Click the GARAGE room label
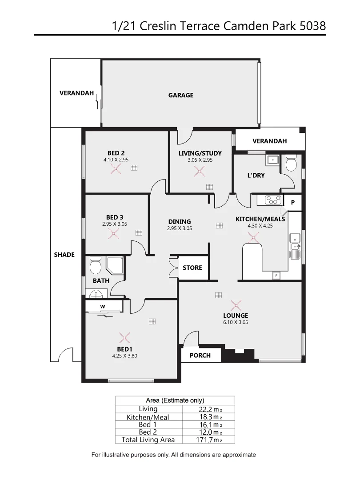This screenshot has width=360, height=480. click(x=180, y=95)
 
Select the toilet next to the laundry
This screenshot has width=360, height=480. click(x=292, y=163)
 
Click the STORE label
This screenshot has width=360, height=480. click(x=192, y=268)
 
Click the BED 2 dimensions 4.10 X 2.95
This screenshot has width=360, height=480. click(x=116, y=159)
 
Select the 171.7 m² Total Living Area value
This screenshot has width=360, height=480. click(x=211, y=440)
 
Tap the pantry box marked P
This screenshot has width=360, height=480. click(x=293, y=202)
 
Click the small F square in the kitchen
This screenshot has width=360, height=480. click(x=276, y=276)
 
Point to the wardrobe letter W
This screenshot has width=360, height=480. click(x=102, y=306)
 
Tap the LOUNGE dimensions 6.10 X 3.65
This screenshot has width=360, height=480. click(x=236, y=322)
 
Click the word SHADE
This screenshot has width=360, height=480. click(x=64, y=255)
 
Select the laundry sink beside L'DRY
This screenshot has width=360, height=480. click(x=272, y=160)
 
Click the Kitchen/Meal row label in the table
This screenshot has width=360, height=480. click(x=148, y=417)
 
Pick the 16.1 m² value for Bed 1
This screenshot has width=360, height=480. click(x=211, y=424)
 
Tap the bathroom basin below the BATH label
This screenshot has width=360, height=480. click(x=96, y=293)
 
